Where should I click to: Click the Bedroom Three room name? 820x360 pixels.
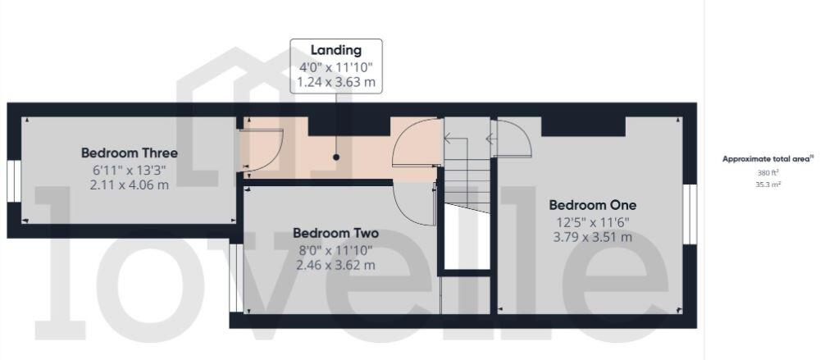[129, 153]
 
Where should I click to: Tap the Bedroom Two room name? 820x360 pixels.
[335, 233]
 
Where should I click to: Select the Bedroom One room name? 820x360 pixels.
[592, 205]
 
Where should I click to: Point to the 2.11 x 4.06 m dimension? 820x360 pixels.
[129, 185]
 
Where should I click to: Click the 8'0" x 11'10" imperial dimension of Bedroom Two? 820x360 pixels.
[335, 249]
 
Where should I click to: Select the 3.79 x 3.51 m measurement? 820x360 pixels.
[592, 237]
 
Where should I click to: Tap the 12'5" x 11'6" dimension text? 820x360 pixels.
[592, 221]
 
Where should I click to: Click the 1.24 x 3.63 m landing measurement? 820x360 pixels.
[336, 83]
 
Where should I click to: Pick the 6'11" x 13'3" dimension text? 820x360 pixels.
[129, 170]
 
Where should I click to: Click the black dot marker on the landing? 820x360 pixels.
[336, 157]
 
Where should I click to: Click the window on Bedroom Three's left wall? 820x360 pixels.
[13, 180]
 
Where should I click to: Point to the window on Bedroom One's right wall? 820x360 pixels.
[690, 214]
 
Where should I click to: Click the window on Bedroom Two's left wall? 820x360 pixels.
[235, 278]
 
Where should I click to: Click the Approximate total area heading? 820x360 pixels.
[767, 159]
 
